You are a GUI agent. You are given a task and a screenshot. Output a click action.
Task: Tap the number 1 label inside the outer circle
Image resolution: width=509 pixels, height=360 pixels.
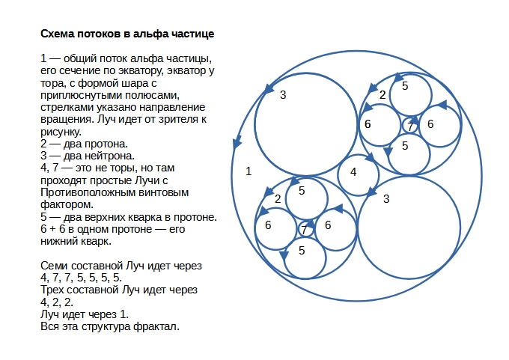tap(249, 171)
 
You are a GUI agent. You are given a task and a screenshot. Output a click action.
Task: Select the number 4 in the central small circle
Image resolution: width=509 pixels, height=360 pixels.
tap(353, 172)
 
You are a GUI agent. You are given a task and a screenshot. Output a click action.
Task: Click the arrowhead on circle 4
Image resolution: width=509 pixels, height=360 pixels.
tap(371, 158)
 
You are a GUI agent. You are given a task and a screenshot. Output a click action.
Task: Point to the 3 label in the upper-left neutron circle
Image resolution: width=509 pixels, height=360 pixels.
tap(283, 95)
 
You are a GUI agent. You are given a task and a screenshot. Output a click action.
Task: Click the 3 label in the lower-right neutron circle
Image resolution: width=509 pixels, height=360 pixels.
tap(386, 198)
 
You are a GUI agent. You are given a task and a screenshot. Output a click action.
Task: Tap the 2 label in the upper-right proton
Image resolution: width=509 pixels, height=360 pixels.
tap(382, 95)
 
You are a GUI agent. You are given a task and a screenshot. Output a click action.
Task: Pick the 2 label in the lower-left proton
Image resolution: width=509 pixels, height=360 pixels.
tap(278, 198)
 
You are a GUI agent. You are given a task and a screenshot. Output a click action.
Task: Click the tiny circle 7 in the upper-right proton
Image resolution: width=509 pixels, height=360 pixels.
tap(410, 126)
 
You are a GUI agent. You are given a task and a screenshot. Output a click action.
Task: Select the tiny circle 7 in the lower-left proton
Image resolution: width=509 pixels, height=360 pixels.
tap(305, 229)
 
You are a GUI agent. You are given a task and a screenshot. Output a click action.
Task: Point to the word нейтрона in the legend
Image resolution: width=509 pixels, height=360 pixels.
tap(111, 156)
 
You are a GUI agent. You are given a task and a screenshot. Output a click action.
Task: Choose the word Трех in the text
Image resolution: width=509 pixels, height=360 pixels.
tap(53, 290)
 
